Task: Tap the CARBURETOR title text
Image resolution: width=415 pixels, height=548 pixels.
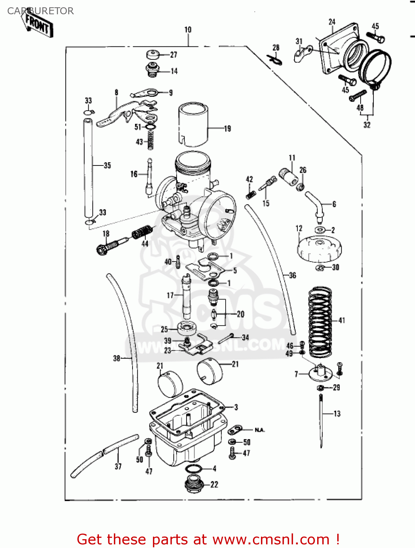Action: tap(41, 11)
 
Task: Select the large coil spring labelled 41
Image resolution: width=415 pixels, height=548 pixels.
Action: tap(320, 322)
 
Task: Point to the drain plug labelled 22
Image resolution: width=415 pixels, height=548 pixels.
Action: tap(194, 484)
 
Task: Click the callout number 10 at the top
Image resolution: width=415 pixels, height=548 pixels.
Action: tap(188, 30)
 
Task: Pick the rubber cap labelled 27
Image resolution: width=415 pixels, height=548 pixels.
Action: tap(153, 54)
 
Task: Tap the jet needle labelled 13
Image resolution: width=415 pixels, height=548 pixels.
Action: tap(321, 420)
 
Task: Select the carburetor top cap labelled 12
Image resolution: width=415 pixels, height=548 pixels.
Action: tap(319, 248)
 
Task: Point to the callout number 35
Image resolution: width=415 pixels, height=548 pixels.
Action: tap(107, 165)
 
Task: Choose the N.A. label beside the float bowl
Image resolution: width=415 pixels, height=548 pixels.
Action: tap(260, 430)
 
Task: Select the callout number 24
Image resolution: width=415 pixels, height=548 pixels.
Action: tap(332, 22)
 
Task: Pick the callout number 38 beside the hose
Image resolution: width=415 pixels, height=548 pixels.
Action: tap(116, 358)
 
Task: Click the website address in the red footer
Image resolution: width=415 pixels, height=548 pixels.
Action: tap(271, 539)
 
